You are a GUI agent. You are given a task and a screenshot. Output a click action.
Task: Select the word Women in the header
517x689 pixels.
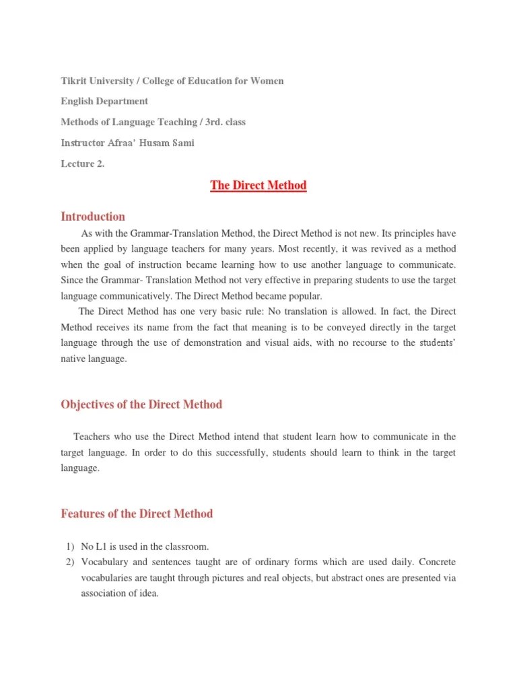(267, 81)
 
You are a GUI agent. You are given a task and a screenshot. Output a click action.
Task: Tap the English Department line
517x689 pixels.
(104, 101)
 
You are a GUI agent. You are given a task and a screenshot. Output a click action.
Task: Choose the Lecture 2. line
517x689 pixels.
(83, 164)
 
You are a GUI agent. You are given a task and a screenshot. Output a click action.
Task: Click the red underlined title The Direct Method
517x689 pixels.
(258, 186)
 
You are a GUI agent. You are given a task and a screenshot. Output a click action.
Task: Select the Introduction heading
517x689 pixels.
(93, 217)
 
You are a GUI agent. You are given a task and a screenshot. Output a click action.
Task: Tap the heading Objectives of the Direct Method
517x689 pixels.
(141, 404)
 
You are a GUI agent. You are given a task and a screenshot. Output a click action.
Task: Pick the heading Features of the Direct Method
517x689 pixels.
(137, 513)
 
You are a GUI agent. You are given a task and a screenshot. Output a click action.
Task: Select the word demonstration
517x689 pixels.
(262, 343)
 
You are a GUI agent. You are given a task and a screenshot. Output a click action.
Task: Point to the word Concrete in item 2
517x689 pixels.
(438, 561)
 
